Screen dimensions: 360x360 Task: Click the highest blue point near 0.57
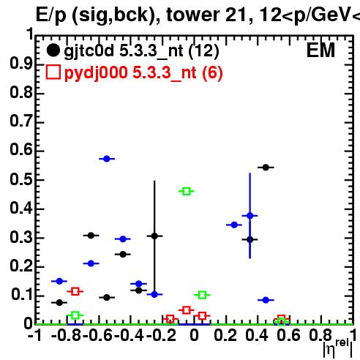click(107, 159)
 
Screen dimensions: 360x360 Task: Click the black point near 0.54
click(266, 168)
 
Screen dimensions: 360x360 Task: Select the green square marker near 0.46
click(187, 191)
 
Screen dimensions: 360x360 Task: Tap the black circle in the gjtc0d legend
click(53, 50)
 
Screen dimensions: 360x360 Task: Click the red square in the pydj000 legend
click(53, 72)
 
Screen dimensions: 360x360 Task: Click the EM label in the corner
click(320, 50)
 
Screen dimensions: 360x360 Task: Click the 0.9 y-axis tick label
click(21, 64)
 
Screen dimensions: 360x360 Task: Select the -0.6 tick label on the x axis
click(98, 336)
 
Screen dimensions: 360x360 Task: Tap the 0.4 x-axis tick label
click(257, 336)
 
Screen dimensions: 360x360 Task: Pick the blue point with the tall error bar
click(250, 216)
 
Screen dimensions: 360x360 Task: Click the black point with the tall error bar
click(154, 236)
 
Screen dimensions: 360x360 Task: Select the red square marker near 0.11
click(75, 291)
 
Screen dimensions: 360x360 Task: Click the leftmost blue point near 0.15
click(59, 281)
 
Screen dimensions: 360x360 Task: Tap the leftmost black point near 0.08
click(59, 302)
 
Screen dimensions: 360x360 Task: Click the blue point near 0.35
click(234, 225)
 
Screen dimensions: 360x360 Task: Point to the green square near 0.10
click(202, 295)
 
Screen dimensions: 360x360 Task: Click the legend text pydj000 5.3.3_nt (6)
click(143, 73)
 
